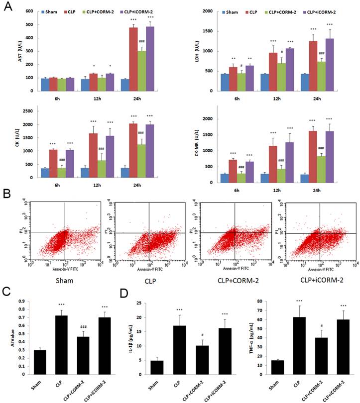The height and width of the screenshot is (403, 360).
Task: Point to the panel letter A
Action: (6, 7)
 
